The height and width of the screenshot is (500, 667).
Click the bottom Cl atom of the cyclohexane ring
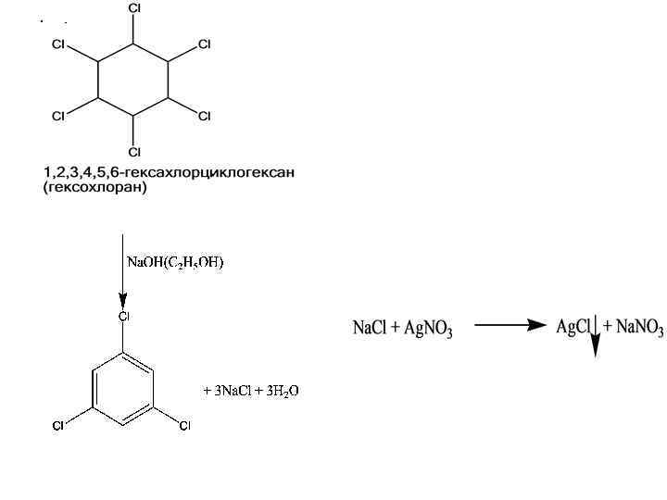pyautogui.click(x=134, y=152)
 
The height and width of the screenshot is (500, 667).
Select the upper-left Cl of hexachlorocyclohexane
pyautogui.click(x=58, y=44)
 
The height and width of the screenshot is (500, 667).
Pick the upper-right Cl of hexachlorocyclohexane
pyautogui.click(x=205, y=44)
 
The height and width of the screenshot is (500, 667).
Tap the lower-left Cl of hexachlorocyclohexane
pyautogui.click(x=58, y=116)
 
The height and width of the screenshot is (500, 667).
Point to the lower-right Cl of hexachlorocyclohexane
pyautogui.click(x=205, y=116)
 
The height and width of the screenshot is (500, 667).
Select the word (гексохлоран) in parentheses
pyautogui.click(x=95, y=188)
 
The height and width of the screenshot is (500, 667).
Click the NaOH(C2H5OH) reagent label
pyautogui.click(x=175, y=262)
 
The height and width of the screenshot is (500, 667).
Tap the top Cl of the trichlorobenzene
pyautogui.click(x=123, y=317)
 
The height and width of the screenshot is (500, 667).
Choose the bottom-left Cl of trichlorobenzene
pyautogui.click(x=57, y=426)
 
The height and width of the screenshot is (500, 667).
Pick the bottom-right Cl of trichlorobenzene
pyautogui.click(x=184, y=426)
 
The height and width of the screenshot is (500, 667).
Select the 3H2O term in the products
pyautogui.click(x=280, y=391)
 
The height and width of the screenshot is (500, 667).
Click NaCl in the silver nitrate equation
pyautogui.click(x=369, y=329)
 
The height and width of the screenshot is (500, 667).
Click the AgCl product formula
pyautogui.click(x=573, y=328)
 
